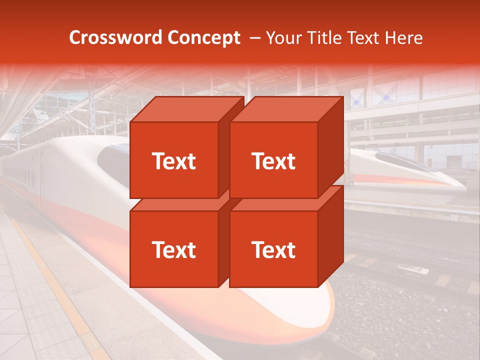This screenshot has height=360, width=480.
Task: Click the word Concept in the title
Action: pyautogui.click(x=203, y=38)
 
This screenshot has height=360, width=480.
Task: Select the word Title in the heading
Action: pyautogui.click(x=325, y=38)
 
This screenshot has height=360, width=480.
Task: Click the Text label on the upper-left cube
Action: pyautogui.click(x=173, y=161)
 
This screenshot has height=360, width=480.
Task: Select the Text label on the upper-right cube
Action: pyautogui.click(x=273, y=161)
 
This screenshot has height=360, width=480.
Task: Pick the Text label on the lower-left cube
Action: pyautogui.click(x=173, y=249)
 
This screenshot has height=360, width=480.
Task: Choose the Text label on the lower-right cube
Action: pyautogui.click(x=273, y=249)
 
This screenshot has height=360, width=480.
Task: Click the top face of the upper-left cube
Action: pyautogui.click(x=186, y=109)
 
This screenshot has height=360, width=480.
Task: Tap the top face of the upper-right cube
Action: pyautogui.click(x=286, y=109)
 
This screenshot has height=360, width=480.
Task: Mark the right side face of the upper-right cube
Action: pyautogui.click(x=330, y=147)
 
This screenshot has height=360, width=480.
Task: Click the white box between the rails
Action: pyautogui.click(x=413, y=270)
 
